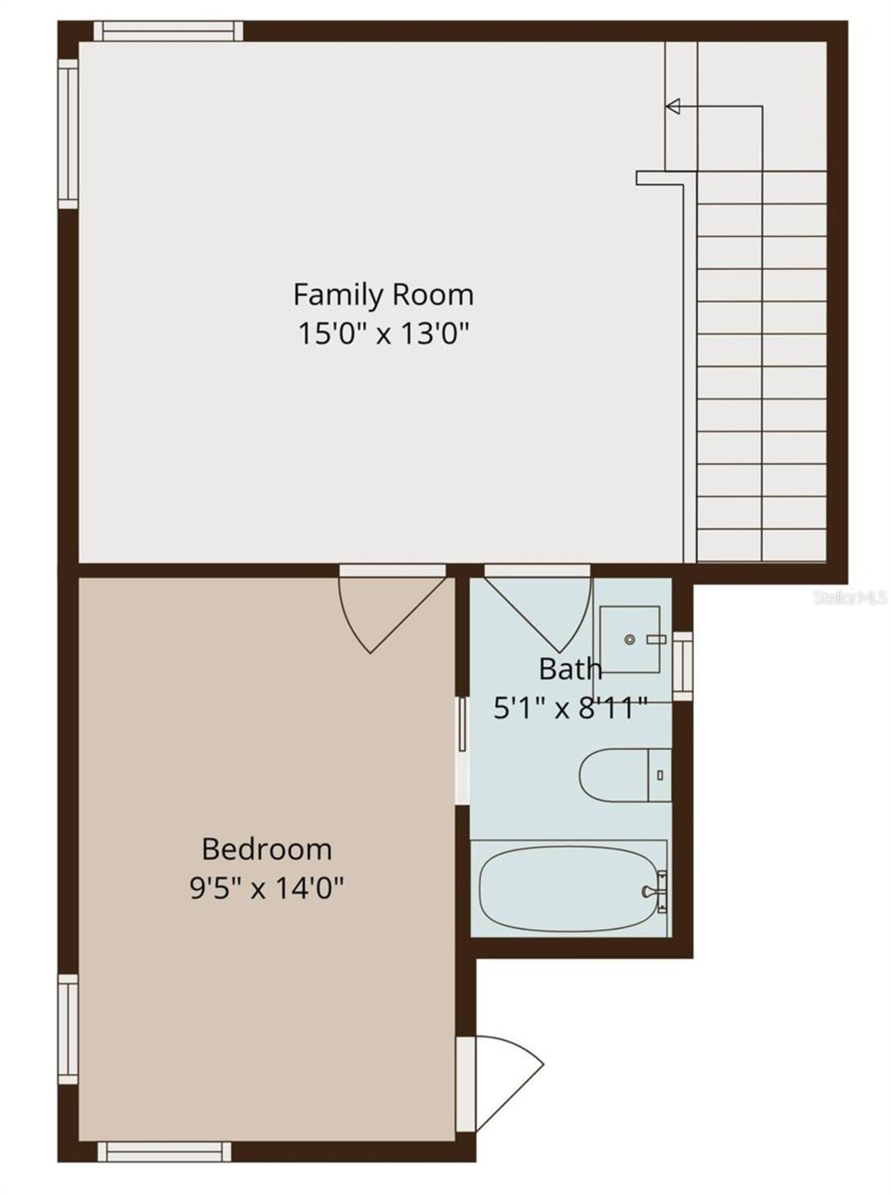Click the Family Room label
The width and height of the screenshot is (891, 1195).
[x=383, y=295]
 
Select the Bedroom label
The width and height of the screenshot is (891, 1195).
[x=267, y=850]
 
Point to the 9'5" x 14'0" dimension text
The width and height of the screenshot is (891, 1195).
[x=267, y=888]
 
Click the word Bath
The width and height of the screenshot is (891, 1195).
[x=570, y=669]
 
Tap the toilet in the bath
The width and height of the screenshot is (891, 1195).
[x=625, y=775]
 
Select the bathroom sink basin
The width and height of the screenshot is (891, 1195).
[x=630, y=639]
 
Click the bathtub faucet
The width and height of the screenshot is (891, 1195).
[x=654, y=891]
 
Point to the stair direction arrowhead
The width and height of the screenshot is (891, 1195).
[x=672, y=107]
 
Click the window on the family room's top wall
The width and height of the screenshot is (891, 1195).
[x=168, y=31]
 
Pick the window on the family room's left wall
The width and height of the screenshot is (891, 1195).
[x=68, y=134]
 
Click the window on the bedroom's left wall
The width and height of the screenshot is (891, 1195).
[x=68, y=1029]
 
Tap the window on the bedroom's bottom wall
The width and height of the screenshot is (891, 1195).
[x=164, y=1152]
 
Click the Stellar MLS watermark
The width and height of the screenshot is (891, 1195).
[x=851, y=597]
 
